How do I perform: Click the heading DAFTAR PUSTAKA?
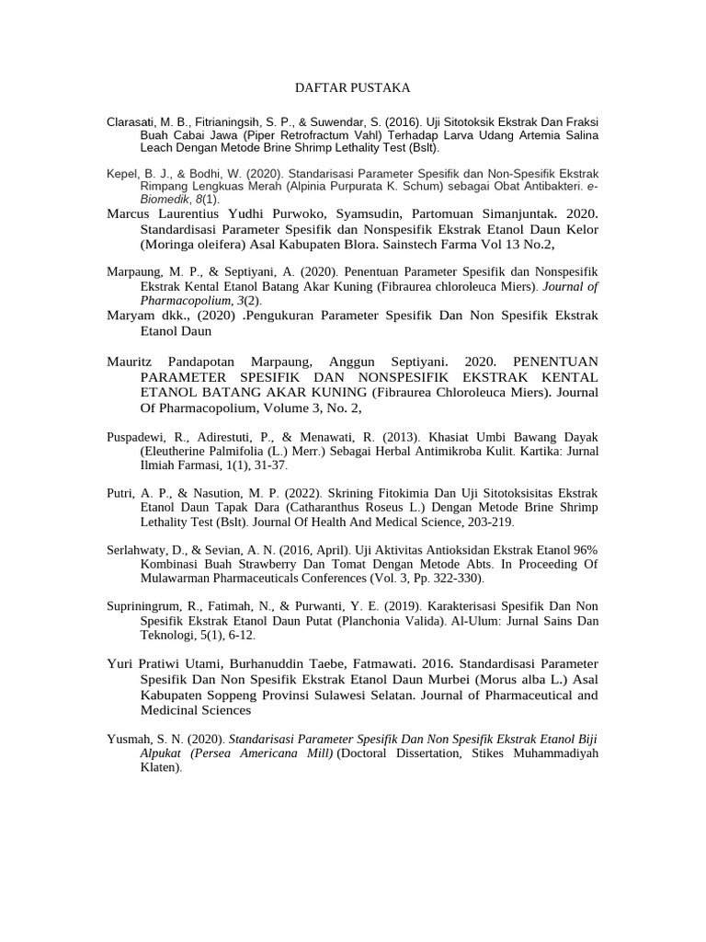click(x=352, y=87)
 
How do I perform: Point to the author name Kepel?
click(x=124, y=173)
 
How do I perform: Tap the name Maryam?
click(x=130, y=316)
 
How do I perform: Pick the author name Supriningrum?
click(x=149, y=608)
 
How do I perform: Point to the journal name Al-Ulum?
click(x=475, y=621)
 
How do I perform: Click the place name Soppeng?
click(x=234, y=695)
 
